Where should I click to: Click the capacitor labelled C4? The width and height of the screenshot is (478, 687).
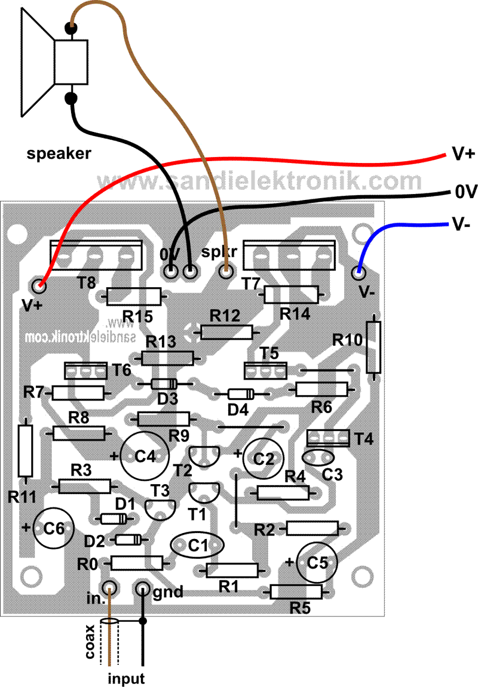143,456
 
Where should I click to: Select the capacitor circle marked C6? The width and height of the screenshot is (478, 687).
53,528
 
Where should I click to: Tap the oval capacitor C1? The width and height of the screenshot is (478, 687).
197,545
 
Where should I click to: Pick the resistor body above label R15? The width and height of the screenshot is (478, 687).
134,295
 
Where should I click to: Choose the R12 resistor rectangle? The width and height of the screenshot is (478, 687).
226,332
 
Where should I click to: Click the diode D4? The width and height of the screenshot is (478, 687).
241,394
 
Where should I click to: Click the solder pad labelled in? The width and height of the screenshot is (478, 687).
109,589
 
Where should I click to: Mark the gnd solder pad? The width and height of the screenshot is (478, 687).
143,589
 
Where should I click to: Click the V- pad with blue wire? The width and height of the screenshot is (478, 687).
359,273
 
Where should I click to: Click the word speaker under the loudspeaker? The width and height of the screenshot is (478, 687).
59,153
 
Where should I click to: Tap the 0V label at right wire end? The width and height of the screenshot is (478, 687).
463,192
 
